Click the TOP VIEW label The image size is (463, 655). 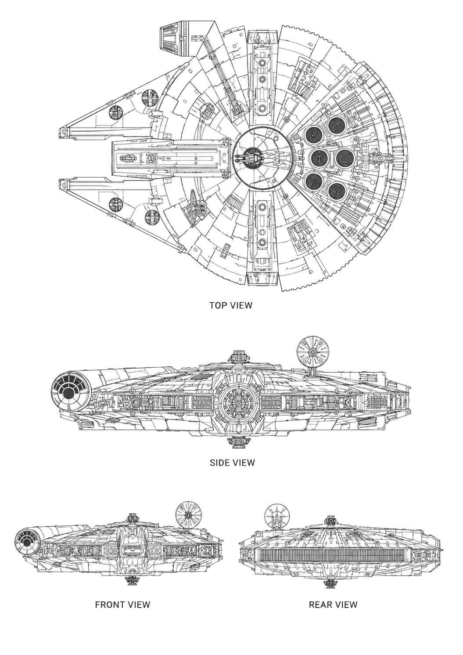click(x=230, y=305)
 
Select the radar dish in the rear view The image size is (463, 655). click(x=277, y=517)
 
